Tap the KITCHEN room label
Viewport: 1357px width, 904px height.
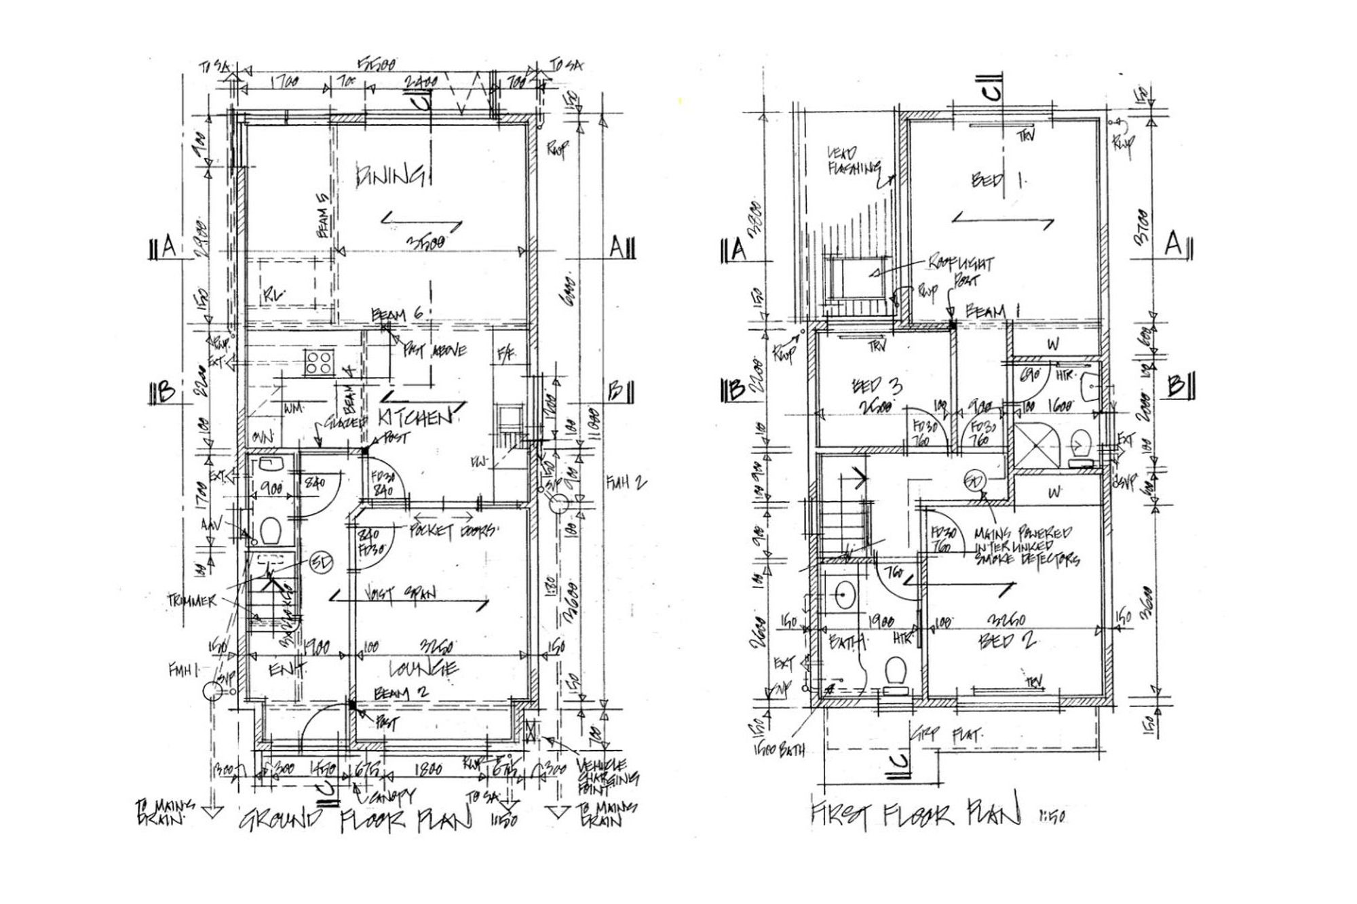click(x=415, y=416)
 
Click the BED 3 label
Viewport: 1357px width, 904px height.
click(x=877, y=387)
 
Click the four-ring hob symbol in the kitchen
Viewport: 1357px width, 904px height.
click(x=319, y=361)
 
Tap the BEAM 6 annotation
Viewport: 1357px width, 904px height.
click(x=398, y=315)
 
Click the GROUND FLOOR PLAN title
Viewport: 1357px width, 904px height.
click(x=356, y=820)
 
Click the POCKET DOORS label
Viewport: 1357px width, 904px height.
click(x=453, y=531)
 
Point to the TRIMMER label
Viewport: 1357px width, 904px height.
click(x=193, y=601)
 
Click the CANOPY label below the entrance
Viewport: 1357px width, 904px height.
click(x=389, y=794)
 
